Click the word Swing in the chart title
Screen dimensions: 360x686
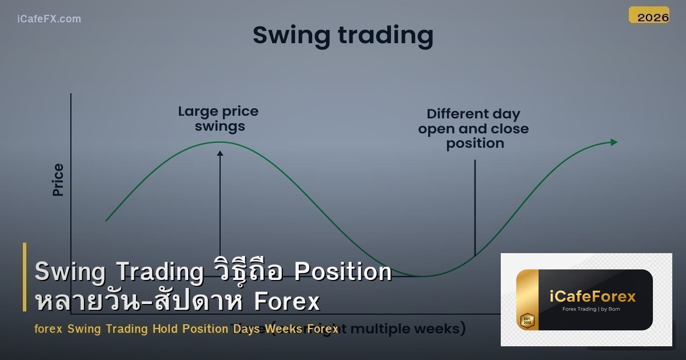pos(292,35)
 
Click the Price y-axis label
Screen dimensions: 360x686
pos(58,179)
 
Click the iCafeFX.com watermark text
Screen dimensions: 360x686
pos(49,19)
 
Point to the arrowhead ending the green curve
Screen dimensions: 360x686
pos(614,142)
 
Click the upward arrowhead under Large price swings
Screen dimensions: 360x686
pos(220,153)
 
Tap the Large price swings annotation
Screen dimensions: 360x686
pos(219,119)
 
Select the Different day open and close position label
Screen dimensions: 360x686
pos(474,129)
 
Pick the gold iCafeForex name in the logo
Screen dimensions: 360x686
pos(592,297)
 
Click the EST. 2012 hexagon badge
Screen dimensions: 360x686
pos(527,320)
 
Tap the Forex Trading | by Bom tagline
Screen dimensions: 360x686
pos(592,310)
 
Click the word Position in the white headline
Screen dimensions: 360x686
pos(342,272)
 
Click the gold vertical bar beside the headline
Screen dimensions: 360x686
pos(25,277)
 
